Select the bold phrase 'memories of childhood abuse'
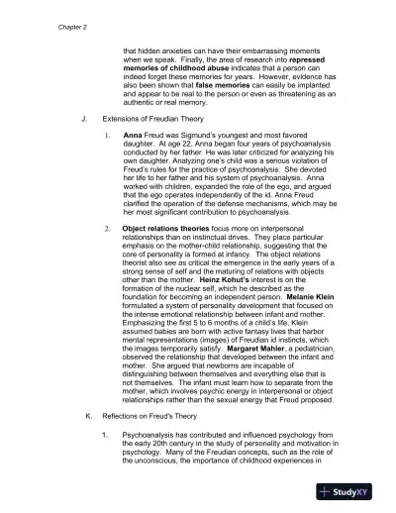pyautogui.click(x=170, y=71)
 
